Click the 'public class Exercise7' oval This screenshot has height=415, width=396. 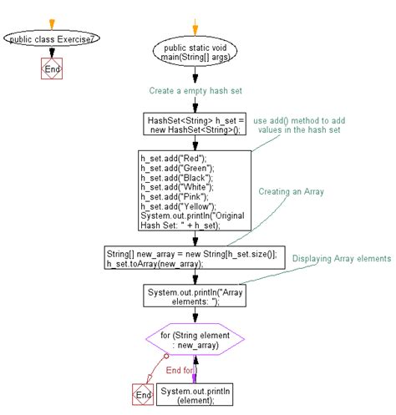51,38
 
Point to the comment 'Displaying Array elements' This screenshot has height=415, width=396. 341,260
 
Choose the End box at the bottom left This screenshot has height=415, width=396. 143,393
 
